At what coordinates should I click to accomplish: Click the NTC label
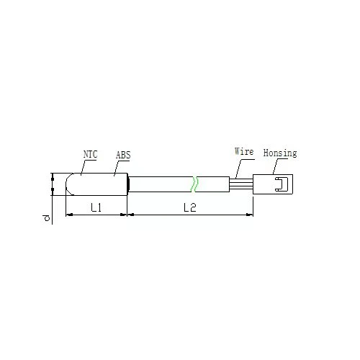coord(90,154)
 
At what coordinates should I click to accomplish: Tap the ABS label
coord(123,155)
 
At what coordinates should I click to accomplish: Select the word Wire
coord(244,151)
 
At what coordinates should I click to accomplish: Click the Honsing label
coord(280,153)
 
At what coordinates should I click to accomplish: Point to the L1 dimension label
coord(96,207)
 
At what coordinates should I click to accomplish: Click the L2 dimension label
coord(190,207)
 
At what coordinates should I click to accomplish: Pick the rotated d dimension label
coord(46,218)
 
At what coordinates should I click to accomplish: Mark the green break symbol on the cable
coord(195,184)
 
